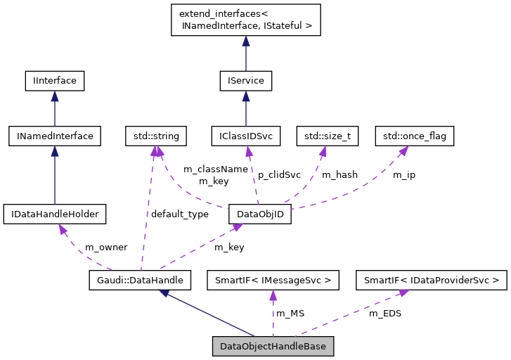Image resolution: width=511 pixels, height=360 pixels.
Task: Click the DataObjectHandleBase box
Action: [273, 346]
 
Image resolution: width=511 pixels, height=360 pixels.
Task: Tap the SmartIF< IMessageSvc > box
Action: [273, 280]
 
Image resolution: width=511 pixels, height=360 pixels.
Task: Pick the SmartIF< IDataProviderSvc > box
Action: [431, 280]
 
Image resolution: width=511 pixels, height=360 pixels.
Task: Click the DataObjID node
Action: [259, 213]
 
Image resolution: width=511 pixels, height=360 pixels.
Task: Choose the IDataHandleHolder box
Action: [54, 213]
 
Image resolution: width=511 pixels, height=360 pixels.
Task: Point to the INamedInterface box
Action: [55, 136]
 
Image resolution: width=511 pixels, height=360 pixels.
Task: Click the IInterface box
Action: [55, 81]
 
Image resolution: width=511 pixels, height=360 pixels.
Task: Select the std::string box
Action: [152, 136]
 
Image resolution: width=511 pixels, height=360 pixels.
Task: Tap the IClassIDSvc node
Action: [246, 136]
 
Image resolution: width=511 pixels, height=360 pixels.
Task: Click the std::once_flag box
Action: [414, 136]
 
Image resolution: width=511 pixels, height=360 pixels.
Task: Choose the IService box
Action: [245, 81]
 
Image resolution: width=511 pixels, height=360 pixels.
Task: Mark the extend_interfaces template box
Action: [246, 20]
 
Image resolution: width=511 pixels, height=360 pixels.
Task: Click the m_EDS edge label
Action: [385, 313]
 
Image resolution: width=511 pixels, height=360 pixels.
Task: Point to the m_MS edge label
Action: [290, 313]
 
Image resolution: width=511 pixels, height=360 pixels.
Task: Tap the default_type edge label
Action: [179, 214]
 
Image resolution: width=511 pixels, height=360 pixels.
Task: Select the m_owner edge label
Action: [106, 247]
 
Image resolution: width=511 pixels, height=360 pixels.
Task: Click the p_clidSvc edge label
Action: [279, 174]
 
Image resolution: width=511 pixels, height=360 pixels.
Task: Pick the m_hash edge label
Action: [339, 174]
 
